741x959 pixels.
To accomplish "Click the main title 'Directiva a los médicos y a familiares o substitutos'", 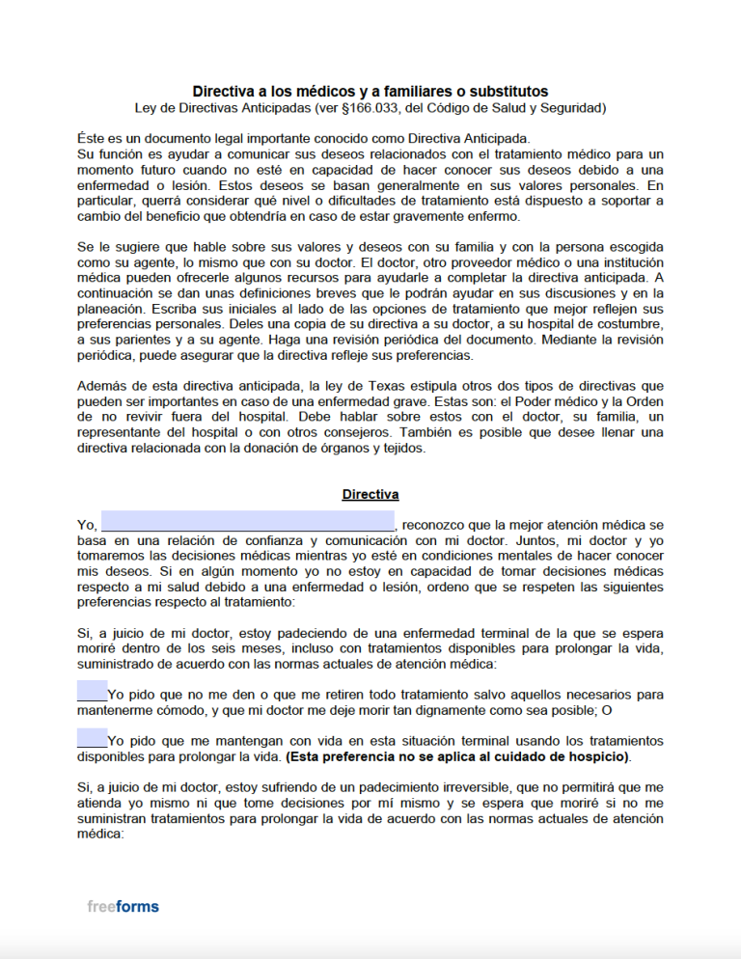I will (370, 91).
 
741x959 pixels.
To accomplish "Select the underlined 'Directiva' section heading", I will (370, 494).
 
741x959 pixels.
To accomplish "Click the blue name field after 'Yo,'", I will (248, 524).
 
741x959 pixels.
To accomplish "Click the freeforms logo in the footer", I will (123, 906).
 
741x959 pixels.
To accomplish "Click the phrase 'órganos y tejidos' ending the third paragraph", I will (368, 448).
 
